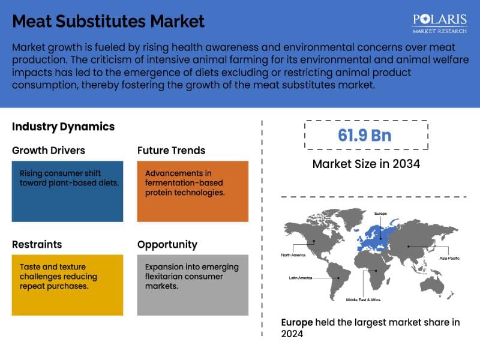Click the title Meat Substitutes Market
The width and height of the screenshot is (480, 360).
pyautogui.click(x=108, y=22)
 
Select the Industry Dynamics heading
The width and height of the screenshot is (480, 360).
pyautogui.click(x=63, y=127)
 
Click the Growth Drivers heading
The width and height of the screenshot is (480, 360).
pyautogui.click(x=49, y=150)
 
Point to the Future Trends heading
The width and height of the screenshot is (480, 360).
pyautogui.click(x=171, y=150)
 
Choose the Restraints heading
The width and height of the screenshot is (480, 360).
pyautogui.click(x=37, y=244)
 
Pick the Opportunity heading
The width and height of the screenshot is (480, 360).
pyautogui.click(x=167, y=244)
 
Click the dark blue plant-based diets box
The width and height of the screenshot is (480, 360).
pyautogui.click(x=67, y=191)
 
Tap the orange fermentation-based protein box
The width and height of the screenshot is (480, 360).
pyautogui.click(x=192, y=191)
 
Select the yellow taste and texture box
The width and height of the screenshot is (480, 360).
pyautogui.click(x=67, y=285)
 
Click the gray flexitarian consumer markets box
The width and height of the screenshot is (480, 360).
pyautogui.click(x=192, y=285)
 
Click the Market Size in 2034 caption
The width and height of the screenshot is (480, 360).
pyautogui.click(x=365, y=164)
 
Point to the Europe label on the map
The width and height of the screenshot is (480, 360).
pyautogui.click(x=380, y=213)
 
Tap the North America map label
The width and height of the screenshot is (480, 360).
pyautogui.click(x=293, y=255)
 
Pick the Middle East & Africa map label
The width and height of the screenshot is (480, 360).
pyautogui.click(x=362, y=299)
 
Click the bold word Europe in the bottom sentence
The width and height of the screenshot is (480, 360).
pyautogui.click(x=297, y=322)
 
